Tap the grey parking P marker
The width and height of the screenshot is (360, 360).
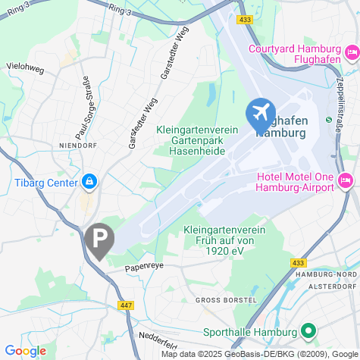tap(99, 239)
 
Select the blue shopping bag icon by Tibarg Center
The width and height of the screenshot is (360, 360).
tap(90, 182)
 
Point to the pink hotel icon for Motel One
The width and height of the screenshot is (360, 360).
tap(346, 179)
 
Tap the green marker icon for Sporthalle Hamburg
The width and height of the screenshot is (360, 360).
tap(308, 331)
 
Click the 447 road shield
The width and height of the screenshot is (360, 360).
tap(125, 305)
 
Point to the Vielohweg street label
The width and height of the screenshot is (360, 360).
tap(25, 66)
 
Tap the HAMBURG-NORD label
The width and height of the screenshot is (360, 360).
tap(326, 274)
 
